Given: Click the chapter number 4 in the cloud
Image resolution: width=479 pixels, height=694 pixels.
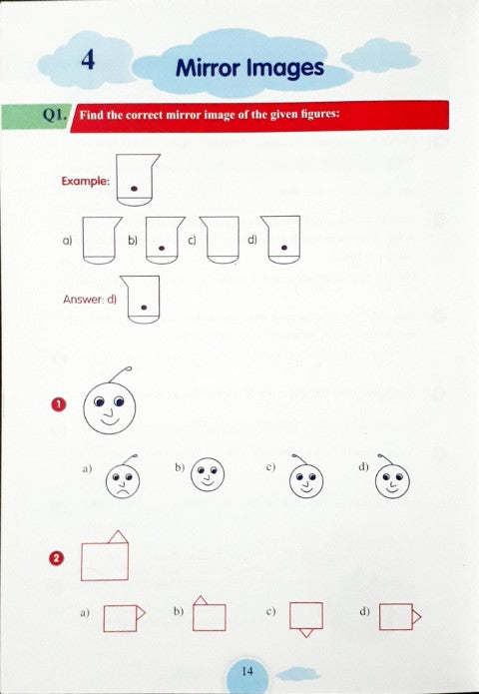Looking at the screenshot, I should click(88, 61).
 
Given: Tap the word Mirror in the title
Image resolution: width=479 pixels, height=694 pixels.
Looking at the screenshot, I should click(208, 68).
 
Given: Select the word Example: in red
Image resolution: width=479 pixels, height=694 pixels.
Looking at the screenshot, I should click(85, 181).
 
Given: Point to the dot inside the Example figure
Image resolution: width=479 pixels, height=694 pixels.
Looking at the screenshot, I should click(134, 186).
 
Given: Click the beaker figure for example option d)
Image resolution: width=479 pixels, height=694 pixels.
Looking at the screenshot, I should click(284, 241).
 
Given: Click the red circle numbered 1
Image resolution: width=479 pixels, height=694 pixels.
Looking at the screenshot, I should click(57, 403).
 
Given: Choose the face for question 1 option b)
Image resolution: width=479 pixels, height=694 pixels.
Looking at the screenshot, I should click(208, 475).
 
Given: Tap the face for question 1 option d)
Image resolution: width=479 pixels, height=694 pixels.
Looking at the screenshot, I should click(393, 480).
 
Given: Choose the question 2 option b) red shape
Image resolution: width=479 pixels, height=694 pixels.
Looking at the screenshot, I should click(209, 614).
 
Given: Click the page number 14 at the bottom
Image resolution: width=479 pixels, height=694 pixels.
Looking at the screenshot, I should click(247, 671).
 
